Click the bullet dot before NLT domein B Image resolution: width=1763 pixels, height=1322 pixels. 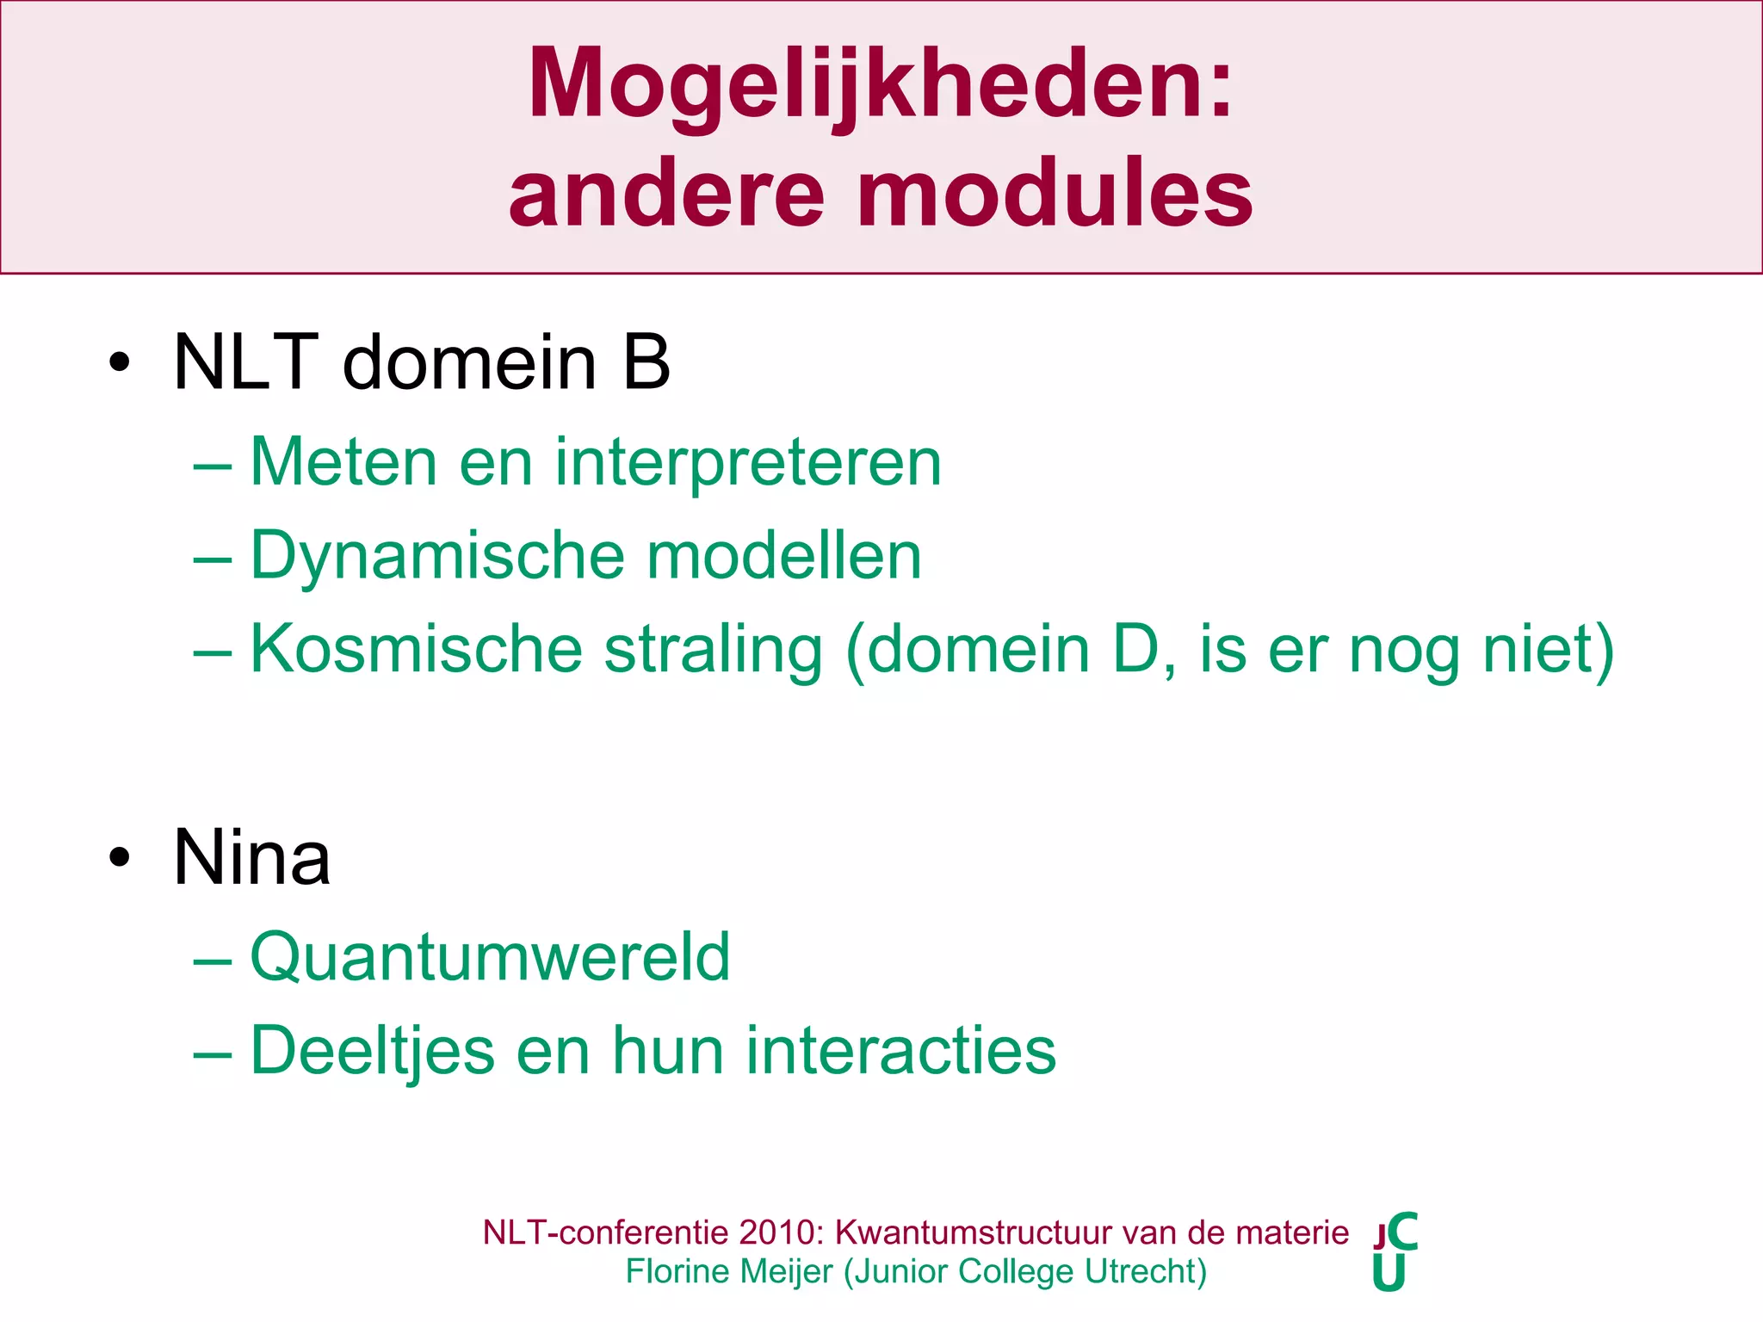click(x=120, y=362)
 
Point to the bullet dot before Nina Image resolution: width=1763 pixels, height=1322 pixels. click(x=120, y=857)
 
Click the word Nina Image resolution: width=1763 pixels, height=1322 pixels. click(x=251, y=857)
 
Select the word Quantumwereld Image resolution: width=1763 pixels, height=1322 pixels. click(x=490, y=956)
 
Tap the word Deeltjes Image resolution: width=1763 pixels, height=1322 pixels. click(x=372, y=1051)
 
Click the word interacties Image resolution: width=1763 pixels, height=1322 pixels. click(x=900, y=1051)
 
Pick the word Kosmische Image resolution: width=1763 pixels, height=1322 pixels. click(x=416, y=648)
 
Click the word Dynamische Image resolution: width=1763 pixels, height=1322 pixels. click(x=436, y=555)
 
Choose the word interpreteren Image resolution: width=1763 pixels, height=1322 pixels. click(x=747, y=463)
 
